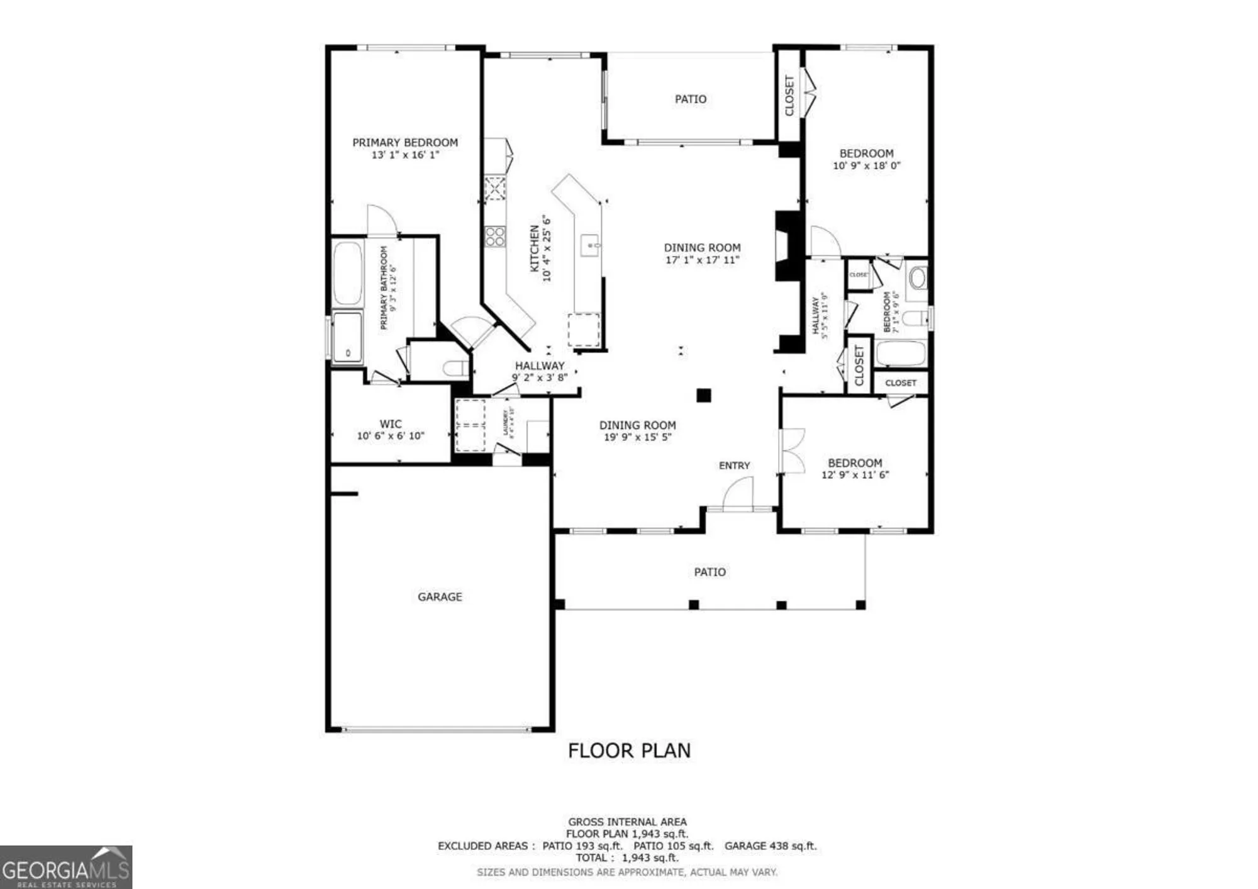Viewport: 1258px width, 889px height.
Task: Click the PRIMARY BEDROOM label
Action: [404, 142]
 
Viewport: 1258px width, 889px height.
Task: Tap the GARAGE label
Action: [440, 596]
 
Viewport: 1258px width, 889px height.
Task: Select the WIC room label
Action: [390, 424]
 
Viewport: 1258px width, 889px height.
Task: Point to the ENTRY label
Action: [734, 466]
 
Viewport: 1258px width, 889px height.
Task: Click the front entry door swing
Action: [739, 493]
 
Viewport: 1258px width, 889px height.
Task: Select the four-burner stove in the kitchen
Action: [494, 237]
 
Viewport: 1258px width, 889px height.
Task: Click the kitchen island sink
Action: [590, 245]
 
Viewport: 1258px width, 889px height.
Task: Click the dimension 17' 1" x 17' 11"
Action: [702, 260]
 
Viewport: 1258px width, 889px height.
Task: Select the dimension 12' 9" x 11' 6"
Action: [854, 475]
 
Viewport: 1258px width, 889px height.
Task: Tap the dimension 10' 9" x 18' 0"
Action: [866, 166]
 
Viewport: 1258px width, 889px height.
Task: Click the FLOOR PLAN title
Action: [629, 751]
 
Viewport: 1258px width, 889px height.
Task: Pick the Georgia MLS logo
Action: [65, 868]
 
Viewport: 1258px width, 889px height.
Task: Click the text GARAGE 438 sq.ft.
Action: [770, 846]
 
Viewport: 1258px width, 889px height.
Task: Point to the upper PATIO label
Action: [690, 99]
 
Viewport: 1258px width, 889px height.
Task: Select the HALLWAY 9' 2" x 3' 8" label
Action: [540, 371]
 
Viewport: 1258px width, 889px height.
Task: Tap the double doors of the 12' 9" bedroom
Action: [791, 450]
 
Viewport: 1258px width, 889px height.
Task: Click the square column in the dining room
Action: [703, 395]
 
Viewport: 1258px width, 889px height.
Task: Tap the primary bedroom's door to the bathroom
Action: [381, 220]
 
